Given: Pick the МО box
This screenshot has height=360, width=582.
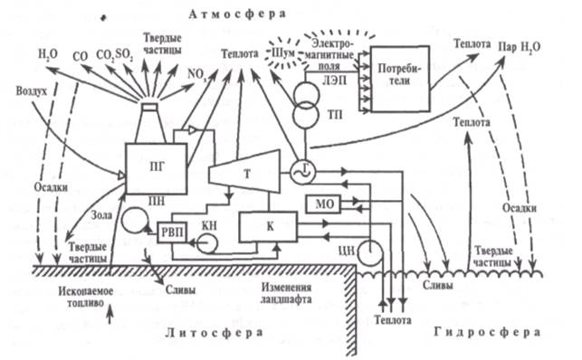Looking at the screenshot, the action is pos(323,204).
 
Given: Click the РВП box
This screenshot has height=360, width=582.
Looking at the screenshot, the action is pos(172,232).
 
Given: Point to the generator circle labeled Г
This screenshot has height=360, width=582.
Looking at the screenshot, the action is pos(302,172).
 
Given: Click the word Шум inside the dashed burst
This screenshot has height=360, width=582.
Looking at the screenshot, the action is pos(282,53).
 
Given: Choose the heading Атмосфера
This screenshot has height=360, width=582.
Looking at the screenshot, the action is pos(237,14).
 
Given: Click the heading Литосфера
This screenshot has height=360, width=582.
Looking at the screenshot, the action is pos(215,333).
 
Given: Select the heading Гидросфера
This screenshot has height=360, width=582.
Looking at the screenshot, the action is pos(487,332).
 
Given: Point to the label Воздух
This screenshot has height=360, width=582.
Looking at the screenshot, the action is pos(32,90).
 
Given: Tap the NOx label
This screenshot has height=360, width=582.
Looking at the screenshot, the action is pos(197,74).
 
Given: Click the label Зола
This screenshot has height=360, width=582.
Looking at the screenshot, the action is pos(101,214).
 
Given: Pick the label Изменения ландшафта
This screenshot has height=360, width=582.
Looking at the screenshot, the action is pos(286,293).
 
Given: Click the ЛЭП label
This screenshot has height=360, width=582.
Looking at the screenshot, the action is pos(334,81).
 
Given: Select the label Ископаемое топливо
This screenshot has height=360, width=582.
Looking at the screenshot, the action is pos(86,297).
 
